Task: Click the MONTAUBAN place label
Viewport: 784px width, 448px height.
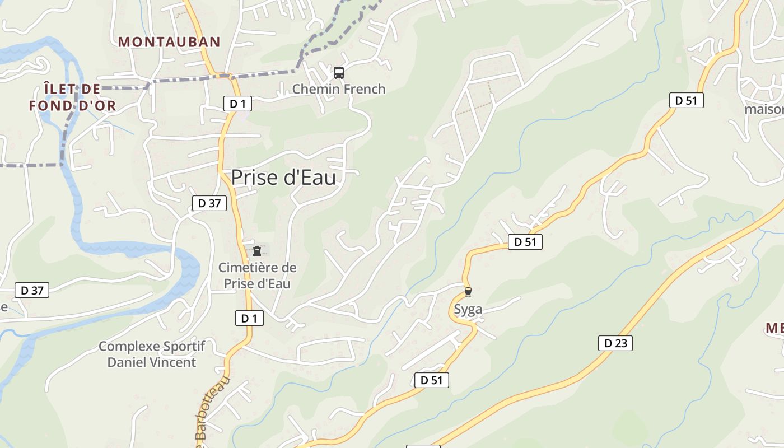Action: (x=169, y=41)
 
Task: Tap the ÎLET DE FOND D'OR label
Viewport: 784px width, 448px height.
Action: (x=73, y=97)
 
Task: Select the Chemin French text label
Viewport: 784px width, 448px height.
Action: (x=339, y=88)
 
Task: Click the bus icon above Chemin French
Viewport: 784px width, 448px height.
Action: (x=339, y=72)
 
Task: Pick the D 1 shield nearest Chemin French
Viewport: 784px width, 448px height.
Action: (x=238, y=103)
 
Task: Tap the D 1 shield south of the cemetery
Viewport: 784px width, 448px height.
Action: (x=249, y=318)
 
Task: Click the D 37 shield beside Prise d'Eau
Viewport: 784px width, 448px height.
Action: (x=209, y=203)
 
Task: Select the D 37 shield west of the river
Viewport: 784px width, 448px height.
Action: (x=32, y=290)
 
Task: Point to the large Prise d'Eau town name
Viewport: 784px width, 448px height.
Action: (x=283, y=177)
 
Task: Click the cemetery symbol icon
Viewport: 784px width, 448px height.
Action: (x=257, y=250)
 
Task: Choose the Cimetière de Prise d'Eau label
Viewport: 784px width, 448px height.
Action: (x=258, y=276)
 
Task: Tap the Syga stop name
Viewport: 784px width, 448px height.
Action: (x=468, y=309)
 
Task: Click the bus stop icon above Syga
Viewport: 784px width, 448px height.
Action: (x=468, y=292)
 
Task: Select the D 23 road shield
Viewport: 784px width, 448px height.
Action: (x=615, y=343)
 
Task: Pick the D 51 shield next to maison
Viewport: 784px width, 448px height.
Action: (x=686, y=100)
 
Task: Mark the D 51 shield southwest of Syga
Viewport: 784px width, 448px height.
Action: (x=432, y=380)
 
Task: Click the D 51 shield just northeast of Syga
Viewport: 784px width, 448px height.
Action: (x=525, y=242)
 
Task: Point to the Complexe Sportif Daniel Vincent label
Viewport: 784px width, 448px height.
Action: (x=152, y=354)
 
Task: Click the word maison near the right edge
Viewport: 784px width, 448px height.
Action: (x=764, y=109)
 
